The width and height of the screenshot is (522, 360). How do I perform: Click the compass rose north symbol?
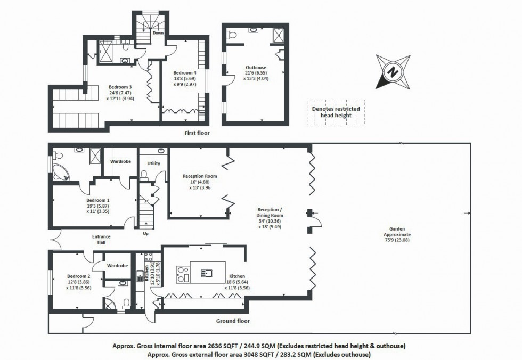[x=393, y=71]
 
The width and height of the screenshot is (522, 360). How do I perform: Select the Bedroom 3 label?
[x=120, y=87]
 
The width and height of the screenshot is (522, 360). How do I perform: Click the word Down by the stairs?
[x=158, y=33]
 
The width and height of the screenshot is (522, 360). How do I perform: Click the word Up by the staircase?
[x=145, y=233]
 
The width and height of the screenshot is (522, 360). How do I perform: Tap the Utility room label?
[x=153, y=163]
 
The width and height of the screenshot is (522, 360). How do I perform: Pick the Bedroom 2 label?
[x=78, y=276]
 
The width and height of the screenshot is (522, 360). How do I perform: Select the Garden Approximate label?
[x=393, y=234]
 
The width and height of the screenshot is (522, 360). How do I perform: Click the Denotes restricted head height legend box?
[x=336, y=112]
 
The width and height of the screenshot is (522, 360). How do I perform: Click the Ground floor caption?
[x=233, y=321]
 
